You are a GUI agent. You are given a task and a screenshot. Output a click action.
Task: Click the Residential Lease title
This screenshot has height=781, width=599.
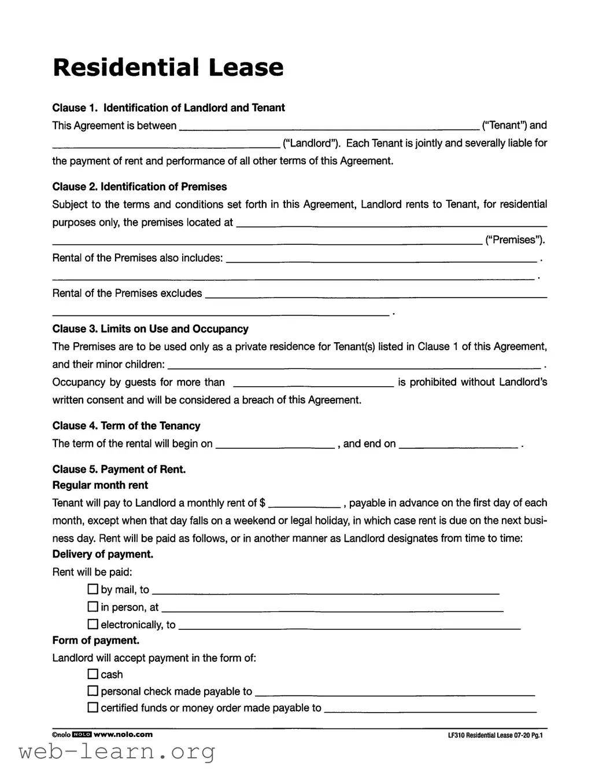[x=168, y=67]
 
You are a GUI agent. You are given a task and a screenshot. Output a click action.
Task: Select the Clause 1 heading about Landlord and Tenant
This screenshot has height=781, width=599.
[x=168, y=108]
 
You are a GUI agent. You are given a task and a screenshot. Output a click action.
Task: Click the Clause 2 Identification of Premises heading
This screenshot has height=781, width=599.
[x=139, y=187]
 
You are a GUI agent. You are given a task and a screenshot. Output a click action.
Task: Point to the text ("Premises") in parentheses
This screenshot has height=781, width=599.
[x=515, y=240]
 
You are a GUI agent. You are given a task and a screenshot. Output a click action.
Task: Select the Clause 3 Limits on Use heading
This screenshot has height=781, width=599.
[x=150, y=329]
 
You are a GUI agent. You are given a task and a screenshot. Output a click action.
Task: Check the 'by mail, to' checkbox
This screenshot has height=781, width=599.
[x=93, y=589]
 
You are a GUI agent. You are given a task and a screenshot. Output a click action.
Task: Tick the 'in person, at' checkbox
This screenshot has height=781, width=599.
[x=93, y=607]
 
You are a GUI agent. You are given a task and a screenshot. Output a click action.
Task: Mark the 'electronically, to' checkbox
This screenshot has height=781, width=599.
[x=93, y=624]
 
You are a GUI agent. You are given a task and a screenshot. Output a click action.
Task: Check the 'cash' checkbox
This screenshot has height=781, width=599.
[x=93, y=674]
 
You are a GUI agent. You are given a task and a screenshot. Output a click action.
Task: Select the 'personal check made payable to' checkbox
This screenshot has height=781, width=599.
[x=93, y=691]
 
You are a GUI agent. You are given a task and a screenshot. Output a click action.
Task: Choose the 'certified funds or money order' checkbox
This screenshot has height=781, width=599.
[x=93, y=707]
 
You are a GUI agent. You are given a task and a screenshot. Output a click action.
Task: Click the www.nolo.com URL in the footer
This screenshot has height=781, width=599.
[x=123, y=734]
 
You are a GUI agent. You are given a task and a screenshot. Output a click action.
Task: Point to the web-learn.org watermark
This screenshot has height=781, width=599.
[x=117, y=752]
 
